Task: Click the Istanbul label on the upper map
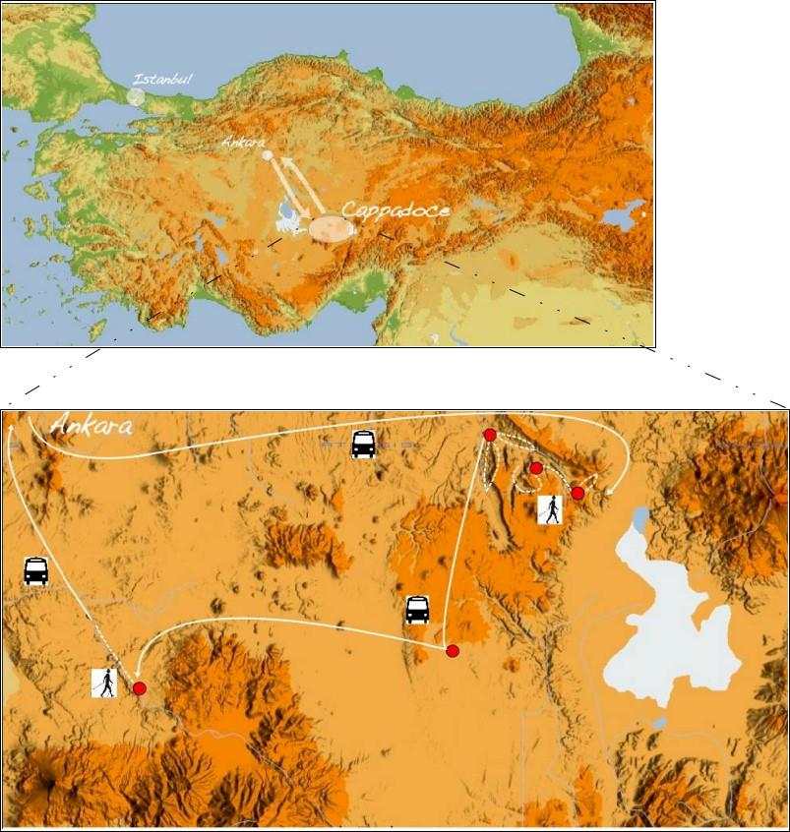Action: click(163, 78)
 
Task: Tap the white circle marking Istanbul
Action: click(135, 97)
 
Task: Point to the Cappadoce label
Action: click(395, 210)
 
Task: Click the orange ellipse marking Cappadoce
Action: click(330, 229)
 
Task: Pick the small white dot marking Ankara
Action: click(267, 155)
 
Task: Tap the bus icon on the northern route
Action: click(363, 445)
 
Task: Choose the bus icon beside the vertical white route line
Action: click(418, 610)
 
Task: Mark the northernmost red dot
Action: click(490, 435)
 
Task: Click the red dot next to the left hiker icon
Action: click(140, 688)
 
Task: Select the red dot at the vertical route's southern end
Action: click(453, 651)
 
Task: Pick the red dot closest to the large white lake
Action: click(577, 493)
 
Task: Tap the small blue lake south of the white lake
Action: click(658, 723)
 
